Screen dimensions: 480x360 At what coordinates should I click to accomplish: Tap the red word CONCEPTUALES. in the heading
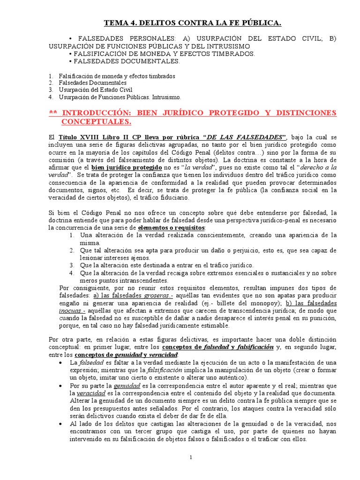97,122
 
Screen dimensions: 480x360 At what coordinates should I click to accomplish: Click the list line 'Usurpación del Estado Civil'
96,90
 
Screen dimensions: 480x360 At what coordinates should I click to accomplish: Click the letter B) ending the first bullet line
332,38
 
